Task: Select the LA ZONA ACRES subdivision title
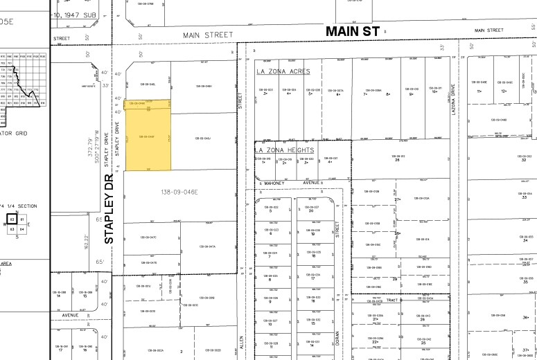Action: pyautogui.click(x=283, y=71)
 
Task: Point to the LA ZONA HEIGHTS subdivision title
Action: pyautogui.click(x=285, y=150)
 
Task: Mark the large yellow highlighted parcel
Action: pyautogui.click(x=147, y=135)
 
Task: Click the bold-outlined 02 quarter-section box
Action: pyautogui.click(x=12, y=219)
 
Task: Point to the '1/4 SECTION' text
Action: pyautogui.click(x=20, y=206)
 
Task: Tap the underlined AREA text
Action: pyautogui.click(x=6, y=264)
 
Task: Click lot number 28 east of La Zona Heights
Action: pyautogui.click(x=398, y=160)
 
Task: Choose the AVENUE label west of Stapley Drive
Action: pyautogui.click(x=69, y=315)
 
